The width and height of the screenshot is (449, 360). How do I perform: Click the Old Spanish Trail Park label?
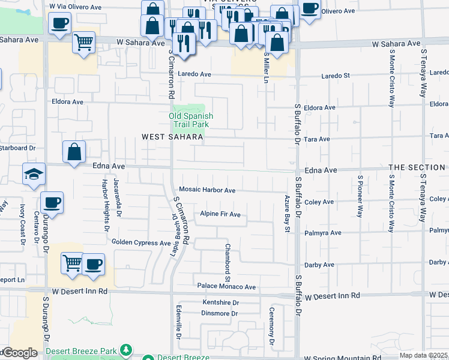point(190,120)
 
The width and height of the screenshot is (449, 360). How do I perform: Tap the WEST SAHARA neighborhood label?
point(170,137)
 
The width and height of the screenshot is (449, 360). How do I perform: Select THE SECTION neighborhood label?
point(416,167)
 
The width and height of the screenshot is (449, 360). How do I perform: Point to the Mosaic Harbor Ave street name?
point(207,190)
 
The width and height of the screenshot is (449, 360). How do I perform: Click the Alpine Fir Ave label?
point(220,214)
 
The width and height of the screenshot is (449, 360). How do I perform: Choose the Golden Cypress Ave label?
point(141,242)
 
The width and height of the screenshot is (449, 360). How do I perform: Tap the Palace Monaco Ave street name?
point(227,287)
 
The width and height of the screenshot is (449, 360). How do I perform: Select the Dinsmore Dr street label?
point(220,313)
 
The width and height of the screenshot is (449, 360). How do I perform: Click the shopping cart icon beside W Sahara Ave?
point(83,42)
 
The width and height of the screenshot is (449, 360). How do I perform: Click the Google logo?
point(19,353)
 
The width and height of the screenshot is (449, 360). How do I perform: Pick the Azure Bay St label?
point(288,213)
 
